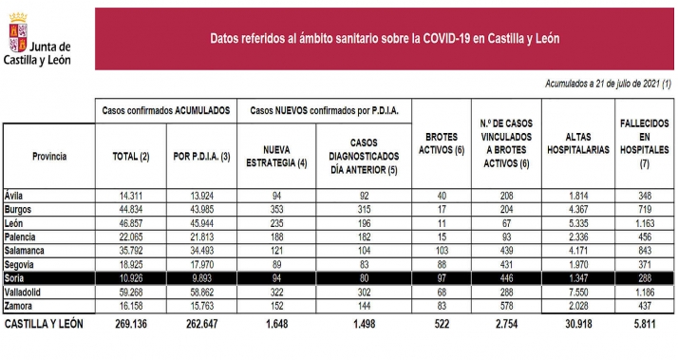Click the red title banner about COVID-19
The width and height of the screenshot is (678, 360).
tap(384, 39)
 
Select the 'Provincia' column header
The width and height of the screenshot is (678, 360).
tap(47, 156)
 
